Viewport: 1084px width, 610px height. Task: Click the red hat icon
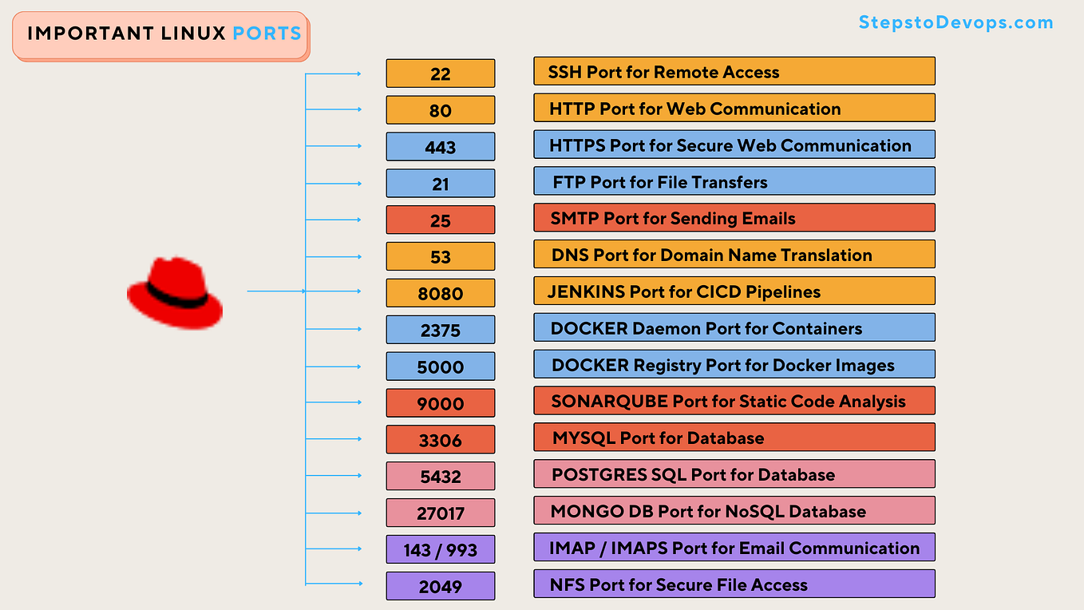click(x=175, y=293)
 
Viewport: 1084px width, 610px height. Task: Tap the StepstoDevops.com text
click(x=955, y=22)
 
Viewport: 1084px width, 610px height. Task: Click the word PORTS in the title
click(x=267, y=34)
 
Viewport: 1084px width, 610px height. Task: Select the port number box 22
click(x=440, y=73)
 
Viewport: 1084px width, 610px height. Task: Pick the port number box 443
click(x=440, y=147)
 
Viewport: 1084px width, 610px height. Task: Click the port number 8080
click(x=440, y=293)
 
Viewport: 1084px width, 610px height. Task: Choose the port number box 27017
click(x=440, y=513)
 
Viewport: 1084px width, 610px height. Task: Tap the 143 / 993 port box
click(x=440, y=549)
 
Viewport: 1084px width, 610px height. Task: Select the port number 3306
click(x=440, y=440)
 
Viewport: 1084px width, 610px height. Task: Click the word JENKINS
click(x=586, y=292)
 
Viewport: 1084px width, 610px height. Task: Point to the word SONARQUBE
click(x=609, y=402)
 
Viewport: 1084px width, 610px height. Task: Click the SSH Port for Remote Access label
click(x=734, y=72)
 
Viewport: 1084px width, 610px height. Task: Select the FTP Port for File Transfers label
click(x=734, y=182)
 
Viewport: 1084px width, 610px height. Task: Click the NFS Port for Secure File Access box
click(x=734, y=584)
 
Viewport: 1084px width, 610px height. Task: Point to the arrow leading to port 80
click(x=334, y=110)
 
